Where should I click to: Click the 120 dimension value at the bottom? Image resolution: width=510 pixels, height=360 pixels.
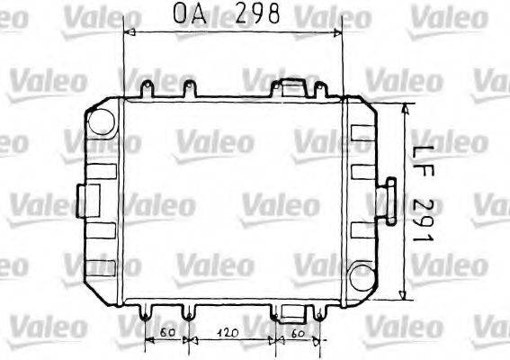pos(229,333)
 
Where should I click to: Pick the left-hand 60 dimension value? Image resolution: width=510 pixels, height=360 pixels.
pos(165,333)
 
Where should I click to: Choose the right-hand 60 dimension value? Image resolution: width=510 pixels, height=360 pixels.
pos(300,333)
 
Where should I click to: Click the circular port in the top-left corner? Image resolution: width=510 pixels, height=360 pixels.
pos(101,118)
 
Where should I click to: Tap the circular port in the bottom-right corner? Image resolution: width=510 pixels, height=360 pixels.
pos(362,276)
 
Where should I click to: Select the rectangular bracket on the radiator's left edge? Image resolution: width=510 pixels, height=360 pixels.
pos(90,197)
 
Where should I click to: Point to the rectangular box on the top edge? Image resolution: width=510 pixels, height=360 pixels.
pos(291,87)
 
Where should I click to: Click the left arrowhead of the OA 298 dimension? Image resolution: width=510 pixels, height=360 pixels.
pos(127,31)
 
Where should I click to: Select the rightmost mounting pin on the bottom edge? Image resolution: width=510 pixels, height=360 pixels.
pos(321,314)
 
